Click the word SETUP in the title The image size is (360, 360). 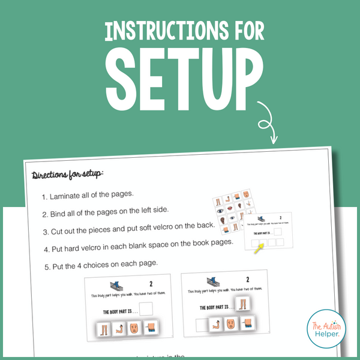179,76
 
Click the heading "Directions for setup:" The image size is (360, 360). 68,174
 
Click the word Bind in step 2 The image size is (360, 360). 61,212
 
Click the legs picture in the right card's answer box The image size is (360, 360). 241,304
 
